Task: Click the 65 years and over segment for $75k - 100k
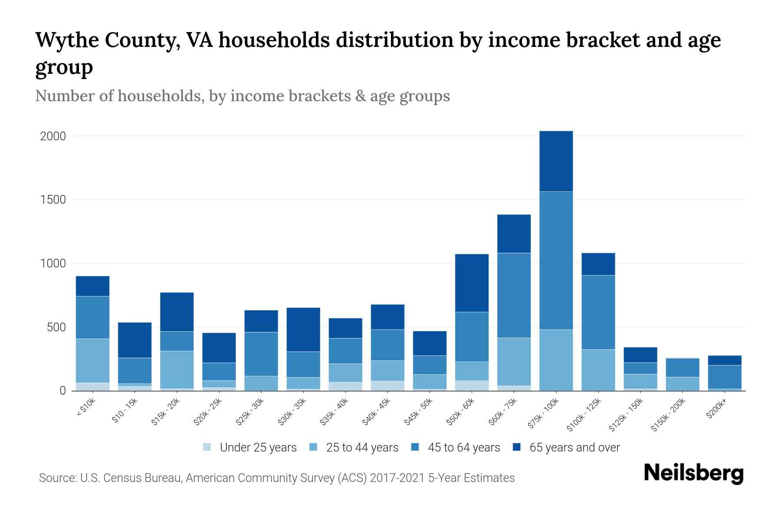[x=556, y=161]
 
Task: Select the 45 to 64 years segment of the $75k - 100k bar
[x=556, y=260]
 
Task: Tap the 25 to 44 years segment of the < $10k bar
[x=92, y=360]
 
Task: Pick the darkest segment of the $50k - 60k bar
[x=472, y=283]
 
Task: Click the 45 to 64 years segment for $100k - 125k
[x=598, y=312]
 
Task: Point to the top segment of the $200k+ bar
[x=725, y=360]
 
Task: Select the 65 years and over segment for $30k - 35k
[x=303, y=330]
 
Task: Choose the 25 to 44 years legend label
[x=362, y=448]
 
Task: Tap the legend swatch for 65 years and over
[x=517, y=447]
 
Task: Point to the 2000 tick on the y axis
[x=53, y=136]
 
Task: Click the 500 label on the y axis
[x=56, y=327]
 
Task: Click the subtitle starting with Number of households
[x=242, y=96]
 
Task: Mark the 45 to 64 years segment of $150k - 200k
[x=683, y=368]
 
